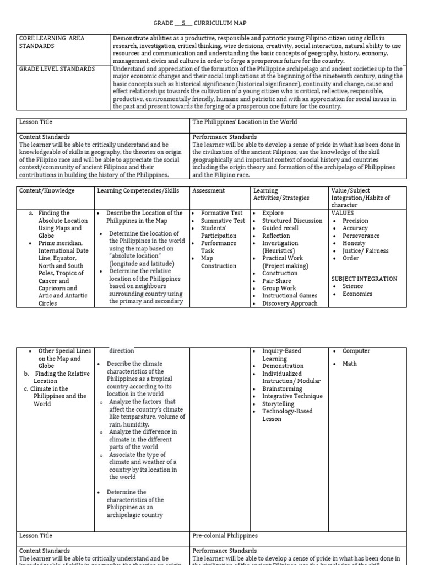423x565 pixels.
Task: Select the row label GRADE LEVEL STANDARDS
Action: click(x=57, y=69)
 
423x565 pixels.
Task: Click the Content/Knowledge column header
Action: click(x=47, y=190)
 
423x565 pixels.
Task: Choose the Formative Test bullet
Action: click(x=221, y=213)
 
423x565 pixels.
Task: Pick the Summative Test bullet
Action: click(x=223, y=221)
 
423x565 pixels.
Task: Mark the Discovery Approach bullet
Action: click(x=290, y=303)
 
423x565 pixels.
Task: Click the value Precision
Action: click(x=355, y=221)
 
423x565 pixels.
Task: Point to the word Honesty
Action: click(x=354, y=243)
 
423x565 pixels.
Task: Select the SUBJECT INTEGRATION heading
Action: click(x=364, y=279)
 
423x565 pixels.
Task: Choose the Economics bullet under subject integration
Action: click(x=357, y=294)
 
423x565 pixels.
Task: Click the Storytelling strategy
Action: click(x=278, y=404)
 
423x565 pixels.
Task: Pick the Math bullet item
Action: click(x=350, y=363)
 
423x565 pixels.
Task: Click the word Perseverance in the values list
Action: click(x=361, y=236)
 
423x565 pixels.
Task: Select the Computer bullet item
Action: click(x=356, y=351)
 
